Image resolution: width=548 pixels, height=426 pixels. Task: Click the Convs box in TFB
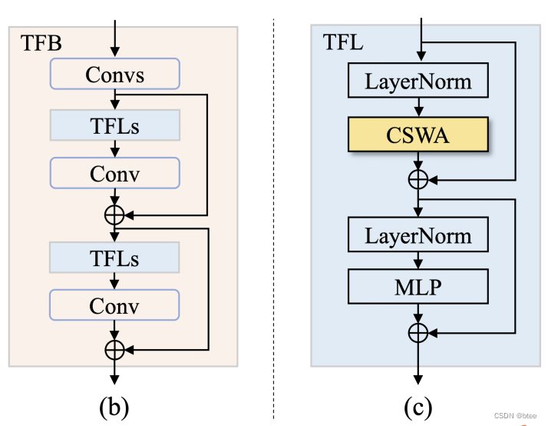pyautogui.click(x=114, y=75)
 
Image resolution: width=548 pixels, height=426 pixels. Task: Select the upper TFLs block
pyautogui.click(x=114, y=125)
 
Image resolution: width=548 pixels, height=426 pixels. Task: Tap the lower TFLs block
pyautogui.click(x=114, y=257)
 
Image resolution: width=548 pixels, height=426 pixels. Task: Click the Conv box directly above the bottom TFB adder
pyautogui.click(x=114, y=305)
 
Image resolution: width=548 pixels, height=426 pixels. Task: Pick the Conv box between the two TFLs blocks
pyautogui.click(x=114, y=173)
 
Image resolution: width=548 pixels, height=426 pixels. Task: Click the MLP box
pyautogui.click(x=418, y=286)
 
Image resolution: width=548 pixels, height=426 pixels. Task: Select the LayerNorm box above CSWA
pyautogui.click(x=418, y=82)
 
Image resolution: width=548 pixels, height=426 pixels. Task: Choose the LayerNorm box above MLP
pyautogui.click(x=418, y=235)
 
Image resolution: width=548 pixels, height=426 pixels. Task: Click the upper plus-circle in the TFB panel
pyautogui.click(x=114, y=215)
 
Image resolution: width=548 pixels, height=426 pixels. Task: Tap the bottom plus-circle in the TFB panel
pyautogui.click(x=114, y=349)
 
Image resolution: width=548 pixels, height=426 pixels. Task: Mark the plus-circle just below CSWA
pyautogui.click(x=418, y=179)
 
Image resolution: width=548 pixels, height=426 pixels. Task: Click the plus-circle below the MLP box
pyautogui.click(x=418, y=332)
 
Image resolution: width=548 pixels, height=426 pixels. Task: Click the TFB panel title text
pyautogui.click(x=36, y=42)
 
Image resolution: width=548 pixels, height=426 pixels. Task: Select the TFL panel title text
pyautogui.click(x=338, y=42)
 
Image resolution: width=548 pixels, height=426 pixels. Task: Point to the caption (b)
pyautogui.click(x=114, y=404)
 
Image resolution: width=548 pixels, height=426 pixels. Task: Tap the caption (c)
pyautogui.click(x=418, y=404)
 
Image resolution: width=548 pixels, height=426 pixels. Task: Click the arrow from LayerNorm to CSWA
pyautogui.click(x=418, y=107)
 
